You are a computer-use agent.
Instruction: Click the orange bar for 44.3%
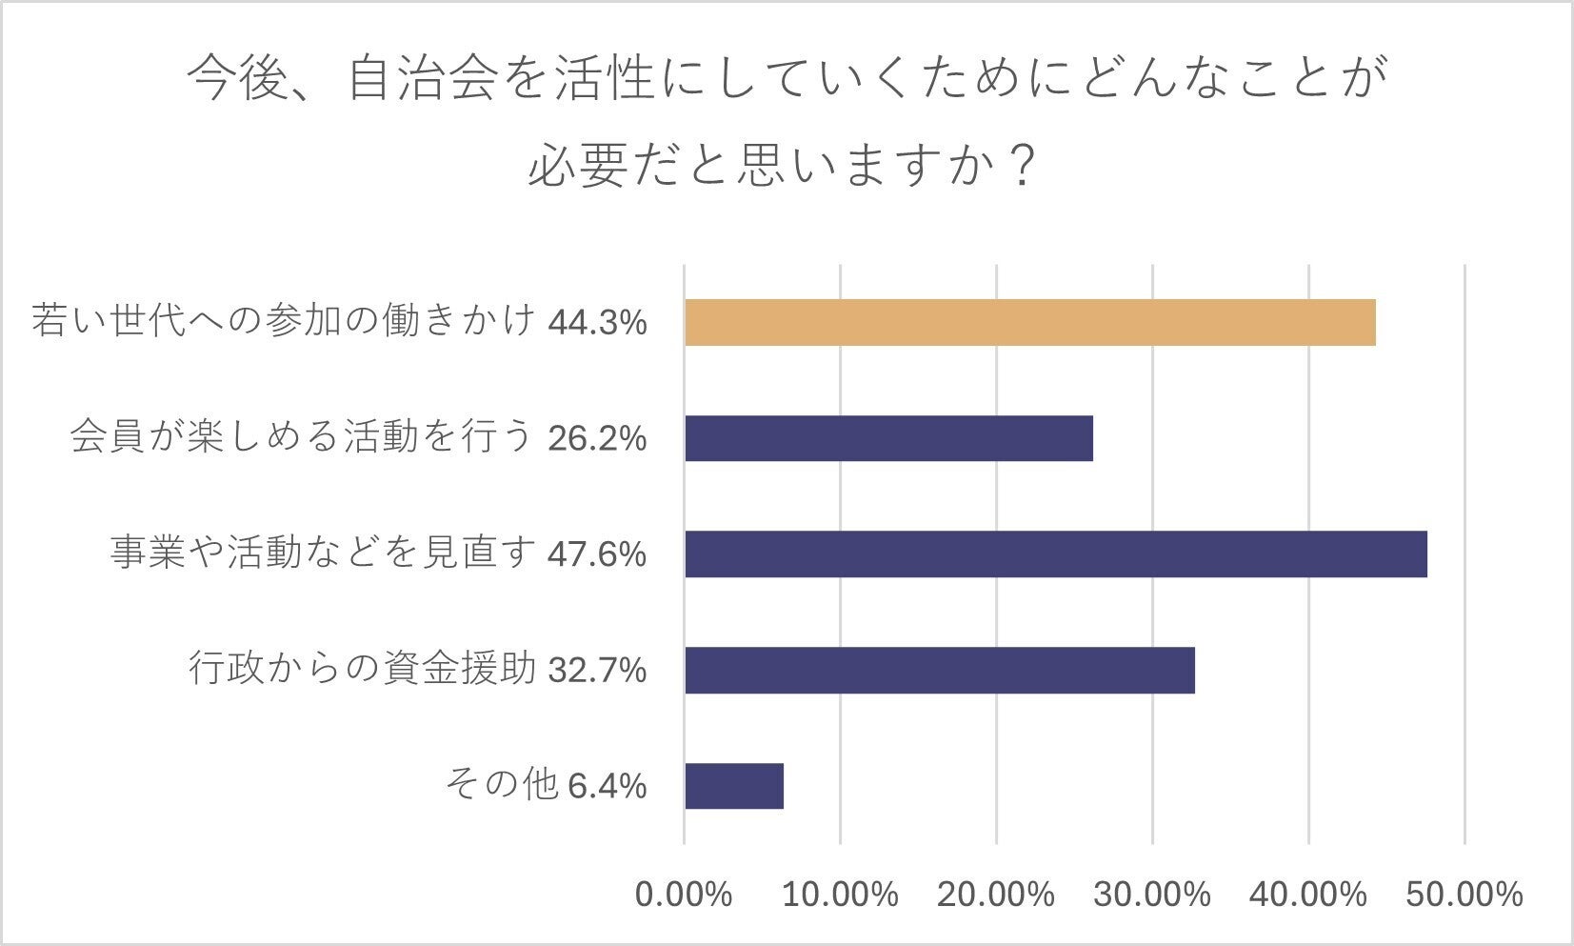[1029, 322]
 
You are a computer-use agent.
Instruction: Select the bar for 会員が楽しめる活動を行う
[888, 438]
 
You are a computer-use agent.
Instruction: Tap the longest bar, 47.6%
[1055, 554]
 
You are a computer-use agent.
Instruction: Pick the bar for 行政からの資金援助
[939, 670]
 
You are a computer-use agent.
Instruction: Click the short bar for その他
[733, 786]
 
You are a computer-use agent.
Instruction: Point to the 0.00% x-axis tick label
[684, 895]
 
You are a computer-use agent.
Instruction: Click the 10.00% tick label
[840, 895]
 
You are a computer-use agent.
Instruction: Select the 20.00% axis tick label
[996, 895]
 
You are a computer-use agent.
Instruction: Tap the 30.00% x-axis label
[1152, 895]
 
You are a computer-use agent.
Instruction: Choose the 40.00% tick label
[1308, 895]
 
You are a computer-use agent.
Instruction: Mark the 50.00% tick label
[1464, 895]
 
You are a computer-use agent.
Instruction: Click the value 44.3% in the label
[598, 323]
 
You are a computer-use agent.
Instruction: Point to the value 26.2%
[598, 438]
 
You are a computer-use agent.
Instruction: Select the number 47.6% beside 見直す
[598, 554]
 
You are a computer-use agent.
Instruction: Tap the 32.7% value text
[598, 671]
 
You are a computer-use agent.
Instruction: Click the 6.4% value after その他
[608, 787]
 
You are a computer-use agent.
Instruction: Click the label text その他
[501, 785]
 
